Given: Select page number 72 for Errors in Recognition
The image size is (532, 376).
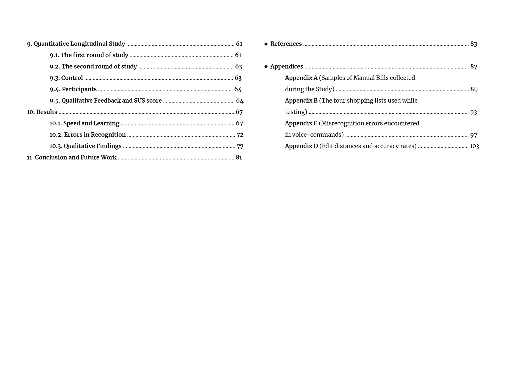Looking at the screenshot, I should (240, 135).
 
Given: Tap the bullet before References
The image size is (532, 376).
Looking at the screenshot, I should (266, 44).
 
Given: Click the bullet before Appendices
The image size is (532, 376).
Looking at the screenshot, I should (266, 67).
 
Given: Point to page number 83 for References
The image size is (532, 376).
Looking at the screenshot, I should (473, 44).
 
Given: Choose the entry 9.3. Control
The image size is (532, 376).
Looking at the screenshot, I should (66, 78).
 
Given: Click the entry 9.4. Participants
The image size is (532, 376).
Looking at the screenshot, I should (73, 89).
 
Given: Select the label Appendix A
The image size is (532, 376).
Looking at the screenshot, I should (301, 78).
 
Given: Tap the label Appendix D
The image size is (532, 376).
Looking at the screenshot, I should (301, 146).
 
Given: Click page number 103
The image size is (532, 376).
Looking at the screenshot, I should (474, 146).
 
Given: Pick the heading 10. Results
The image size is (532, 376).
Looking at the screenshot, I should (42, 112).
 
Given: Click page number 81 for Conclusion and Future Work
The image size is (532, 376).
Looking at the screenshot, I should (239, 157).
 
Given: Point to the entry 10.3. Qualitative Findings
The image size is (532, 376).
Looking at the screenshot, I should (85, 146).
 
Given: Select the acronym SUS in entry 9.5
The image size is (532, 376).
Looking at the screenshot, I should (139, 101).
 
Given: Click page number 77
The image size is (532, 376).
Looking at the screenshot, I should (240, 146).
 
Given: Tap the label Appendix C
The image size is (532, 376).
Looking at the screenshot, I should (301, 123).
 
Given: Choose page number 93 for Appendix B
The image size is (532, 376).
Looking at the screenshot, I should (473, 112).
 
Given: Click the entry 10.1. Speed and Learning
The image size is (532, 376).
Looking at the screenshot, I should (84, 123).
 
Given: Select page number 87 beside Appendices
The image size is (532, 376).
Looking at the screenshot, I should (473, 67).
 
